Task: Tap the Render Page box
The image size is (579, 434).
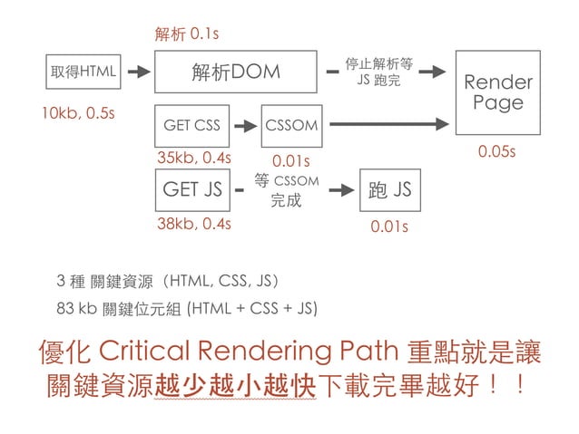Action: (x=498, y=93)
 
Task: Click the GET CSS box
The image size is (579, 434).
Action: (x=191, y=125)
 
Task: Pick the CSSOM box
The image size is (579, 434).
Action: (x=291, y=125)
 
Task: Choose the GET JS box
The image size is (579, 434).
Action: (x=191, y=190)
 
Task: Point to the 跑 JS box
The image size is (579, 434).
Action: (x=390, y=190)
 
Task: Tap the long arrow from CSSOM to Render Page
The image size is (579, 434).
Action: (x=390, y=124)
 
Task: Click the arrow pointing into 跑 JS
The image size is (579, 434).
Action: (x=340, y=190)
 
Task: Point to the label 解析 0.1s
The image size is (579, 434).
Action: (x=187, y=34)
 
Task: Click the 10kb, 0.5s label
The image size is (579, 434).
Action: (x=70, y=115)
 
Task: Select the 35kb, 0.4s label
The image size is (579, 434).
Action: (x=193, y=158)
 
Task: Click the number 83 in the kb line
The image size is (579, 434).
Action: (x=64, y=308)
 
